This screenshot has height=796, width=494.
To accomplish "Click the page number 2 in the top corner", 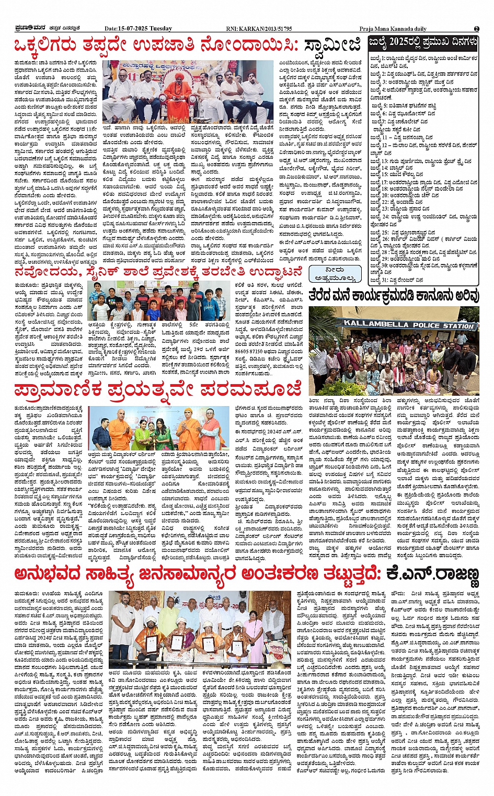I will click(x=476, y=29).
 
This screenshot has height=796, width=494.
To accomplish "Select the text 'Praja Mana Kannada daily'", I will click(x=393, y=29).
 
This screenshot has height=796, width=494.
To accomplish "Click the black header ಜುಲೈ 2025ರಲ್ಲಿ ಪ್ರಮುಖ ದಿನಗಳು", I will click(x=423, y=41).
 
